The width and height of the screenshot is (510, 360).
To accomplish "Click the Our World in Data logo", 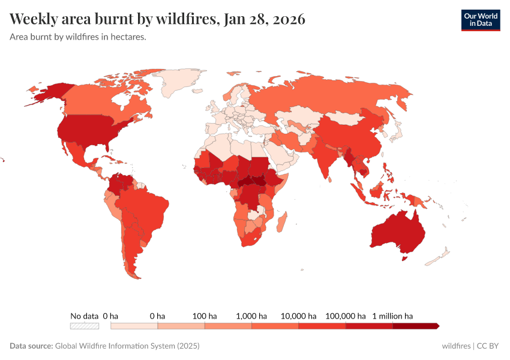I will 480,20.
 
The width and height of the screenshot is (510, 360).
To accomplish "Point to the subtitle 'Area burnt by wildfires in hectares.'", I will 78,37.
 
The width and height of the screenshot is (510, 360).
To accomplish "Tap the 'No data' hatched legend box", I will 84,326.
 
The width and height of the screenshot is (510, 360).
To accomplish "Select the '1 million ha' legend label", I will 392,316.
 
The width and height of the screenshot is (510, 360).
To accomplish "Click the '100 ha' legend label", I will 205,316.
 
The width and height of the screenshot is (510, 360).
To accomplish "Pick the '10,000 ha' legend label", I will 299,316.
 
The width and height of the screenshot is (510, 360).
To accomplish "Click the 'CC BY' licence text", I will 488,346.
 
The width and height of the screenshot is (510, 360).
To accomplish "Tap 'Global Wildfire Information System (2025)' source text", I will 127,346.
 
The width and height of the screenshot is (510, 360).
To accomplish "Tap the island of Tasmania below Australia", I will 405,258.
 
